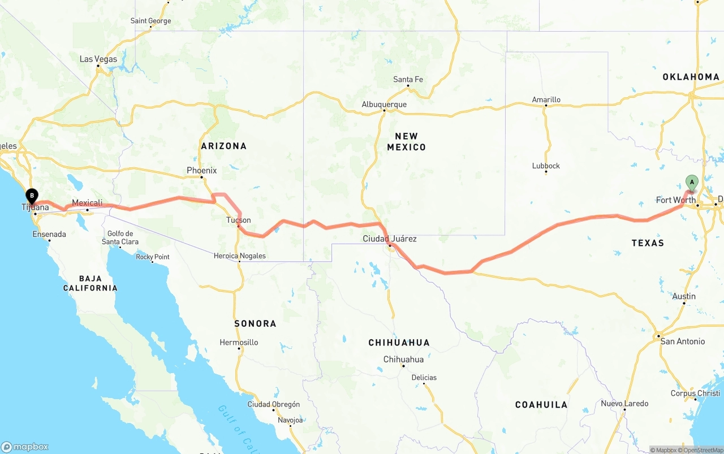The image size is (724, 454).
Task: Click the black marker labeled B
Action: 32,196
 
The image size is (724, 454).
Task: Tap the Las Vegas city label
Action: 98,59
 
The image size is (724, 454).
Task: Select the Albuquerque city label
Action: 384,105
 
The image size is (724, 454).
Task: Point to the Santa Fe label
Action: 408,80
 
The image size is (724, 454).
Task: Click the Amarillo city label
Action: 546,100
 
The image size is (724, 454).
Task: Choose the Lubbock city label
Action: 546,166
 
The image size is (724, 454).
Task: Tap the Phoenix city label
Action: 202,170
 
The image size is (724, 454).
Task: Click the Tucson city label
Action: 239,220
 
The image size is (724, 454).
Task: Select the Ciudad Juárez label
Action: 390,239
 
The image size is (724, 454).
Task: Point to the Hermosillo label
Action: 239,342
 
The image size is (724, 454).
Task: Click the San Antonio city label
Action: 683,341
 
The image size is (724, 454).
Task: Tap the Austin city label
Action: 684,296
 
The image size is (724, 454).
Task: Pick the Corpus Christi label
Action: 695,394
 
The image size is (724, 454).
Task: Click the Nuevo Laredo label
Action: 624,404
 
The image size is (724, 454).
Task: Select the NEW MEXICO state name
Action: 406,141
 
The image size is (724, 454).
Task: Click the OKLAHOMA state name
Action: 691,77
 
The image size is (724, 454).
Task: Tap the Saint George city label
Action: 150,21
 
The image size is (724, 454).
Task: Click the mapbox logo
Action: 25,447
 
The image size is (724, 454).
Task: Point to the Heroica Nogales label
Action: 239,256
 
